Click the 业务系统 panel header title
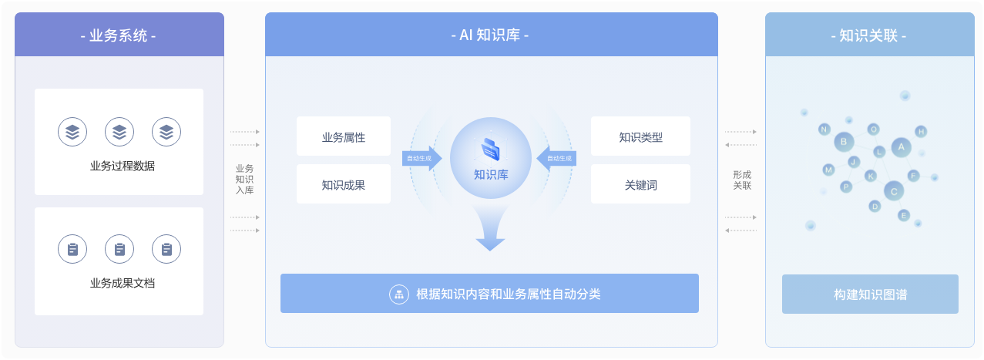pos(118,35)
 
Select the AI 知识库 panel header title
pos(490,35)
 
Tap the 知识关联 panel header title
pos(868,35)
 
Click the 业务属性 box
pos(344,136)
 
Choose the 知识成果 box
pos(344,184)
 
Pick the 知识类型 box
pos(640,136)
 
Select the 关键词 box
pos(640,184)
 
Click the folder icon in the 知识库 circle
pos(491,150)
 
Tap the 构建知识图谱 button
pos(870,294)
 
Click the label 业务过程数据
pos(122,166)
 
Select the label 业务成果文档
pos(122,283)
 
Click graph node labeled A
pos(901,147)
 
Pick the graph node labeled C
pos(894,192)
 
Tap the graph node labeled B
pos(844,142)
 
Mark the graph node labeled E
pos(904,215)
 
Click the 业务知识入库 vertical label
pos(244,179)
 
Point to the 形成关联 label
pos(742,180)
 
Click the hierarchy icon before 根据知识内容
pos(399,294)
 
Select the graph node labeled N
pos(824,130)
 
